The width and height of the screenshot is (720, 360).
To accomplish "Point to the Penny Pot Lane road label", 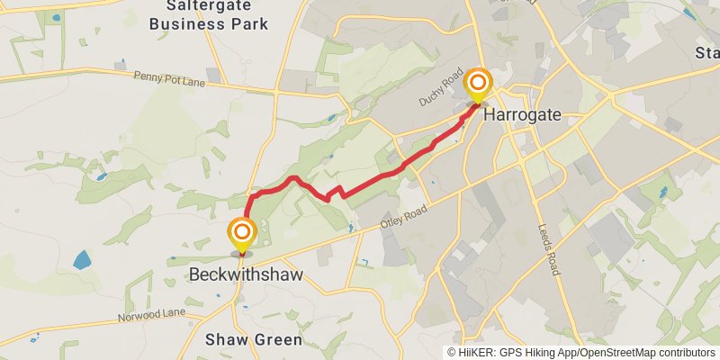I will coord(169,80).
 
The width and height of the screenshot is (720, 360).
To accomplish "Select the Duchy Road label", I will coord(440,91).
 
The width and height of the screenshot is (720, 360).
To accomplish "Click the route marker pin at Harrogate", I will coord(477,84).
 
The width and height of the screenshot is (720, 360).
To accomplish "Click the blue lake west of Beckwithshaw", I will coord(83,261).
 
